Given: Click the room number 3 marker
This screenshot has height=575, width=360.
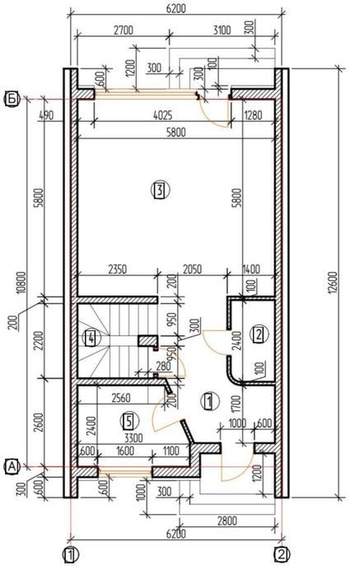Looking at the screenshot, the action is click(161, 190).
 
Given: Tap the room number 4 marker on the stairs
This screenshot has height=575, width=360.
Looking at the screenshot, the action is click(90, 338).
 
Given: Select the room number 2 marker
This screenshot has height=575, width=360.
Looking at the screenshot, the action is click(259, 334).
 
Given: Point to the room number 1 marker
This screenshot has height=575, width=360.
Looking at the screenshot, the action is click(210, 401).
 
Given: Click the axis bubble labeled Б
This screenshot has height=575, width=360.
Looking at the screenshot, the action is click(12, 99).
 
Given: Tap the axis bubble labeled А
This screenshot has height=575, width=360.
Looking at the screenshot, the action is click(12, 467).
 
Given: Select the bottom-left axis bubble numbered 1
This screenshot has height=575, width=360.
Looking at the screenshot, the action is click(71, 555).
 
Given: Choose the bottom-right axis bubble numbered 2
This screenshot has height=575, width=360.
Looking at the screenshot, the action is click(282, 555).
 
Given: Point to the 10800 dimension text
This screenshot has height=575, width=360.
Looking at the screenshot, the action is click(21, 283).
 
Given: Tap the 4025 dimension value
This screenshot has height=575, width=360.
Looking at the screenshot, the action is click(162, 115).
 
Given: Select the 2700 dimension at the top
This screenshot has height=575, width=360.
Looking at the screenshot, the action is click(124, 30).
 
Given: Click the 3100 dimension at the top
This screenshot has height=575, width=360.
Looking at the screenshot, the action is click(222, 30).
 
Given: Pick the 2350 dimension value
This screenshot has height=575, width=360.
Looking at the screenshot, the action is click(117, 269).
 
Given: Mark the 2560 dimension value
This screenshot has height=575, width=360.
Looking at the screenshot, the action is click(120, 398).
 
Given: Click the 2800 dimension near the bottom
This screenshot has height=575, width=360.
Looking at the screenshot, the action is click(227, 521).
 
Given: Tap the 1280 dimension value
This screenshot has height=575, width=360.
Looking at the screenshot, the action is click(253, 115).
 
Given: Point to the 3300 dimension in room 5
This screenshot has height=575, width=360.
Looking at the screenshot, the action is click(133, 438).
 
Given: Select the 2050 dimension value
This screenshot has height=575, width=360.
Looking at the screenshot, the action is click(192, 269).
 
